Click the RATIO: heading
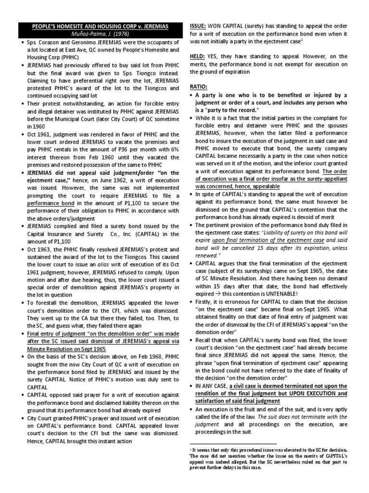click(x=199, y=87)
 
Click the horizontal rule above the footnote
click(x=233, y=443)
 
